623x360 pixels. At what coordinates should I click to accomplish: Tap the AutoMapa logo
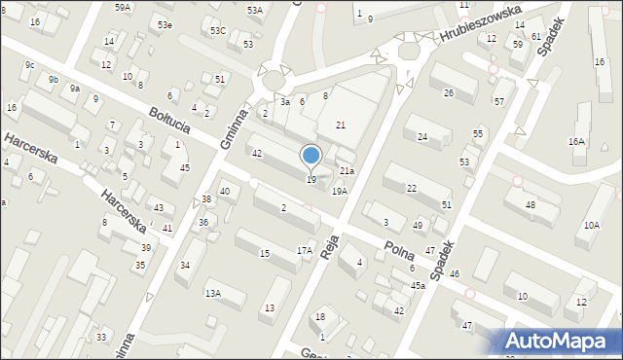click(562, 342)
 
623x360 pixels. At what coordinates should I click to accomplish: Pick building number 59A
click(123, 7)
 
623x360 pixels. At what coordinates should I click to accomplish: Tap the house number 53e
click(165, 24)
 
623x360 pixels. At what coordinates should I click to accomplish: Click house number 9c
click(29, 65)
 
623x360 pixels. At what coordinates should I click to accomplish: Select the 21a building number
click(347, 171)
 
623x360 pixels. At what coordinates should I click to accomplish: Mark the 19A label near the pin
click(339, 191)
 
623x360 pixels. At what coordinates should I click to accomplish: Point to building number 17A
click(304, 251)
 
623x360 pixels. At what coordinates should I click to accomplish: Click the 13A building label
click(212, 293)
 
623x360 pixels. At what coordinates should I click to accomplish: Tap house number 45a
click(418, 285)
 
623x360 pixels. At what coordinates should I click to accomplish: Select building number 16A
click(577, 142)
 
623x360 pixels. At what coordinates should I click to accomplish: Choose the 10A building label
click(592, 226)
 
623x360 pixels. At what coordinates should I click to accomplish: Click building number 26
click(449, 93)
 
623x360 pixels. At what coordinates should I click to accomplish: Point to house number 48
click(531, 204)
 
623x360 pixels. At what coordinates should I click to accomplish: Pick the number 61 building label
click(536, 36)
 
